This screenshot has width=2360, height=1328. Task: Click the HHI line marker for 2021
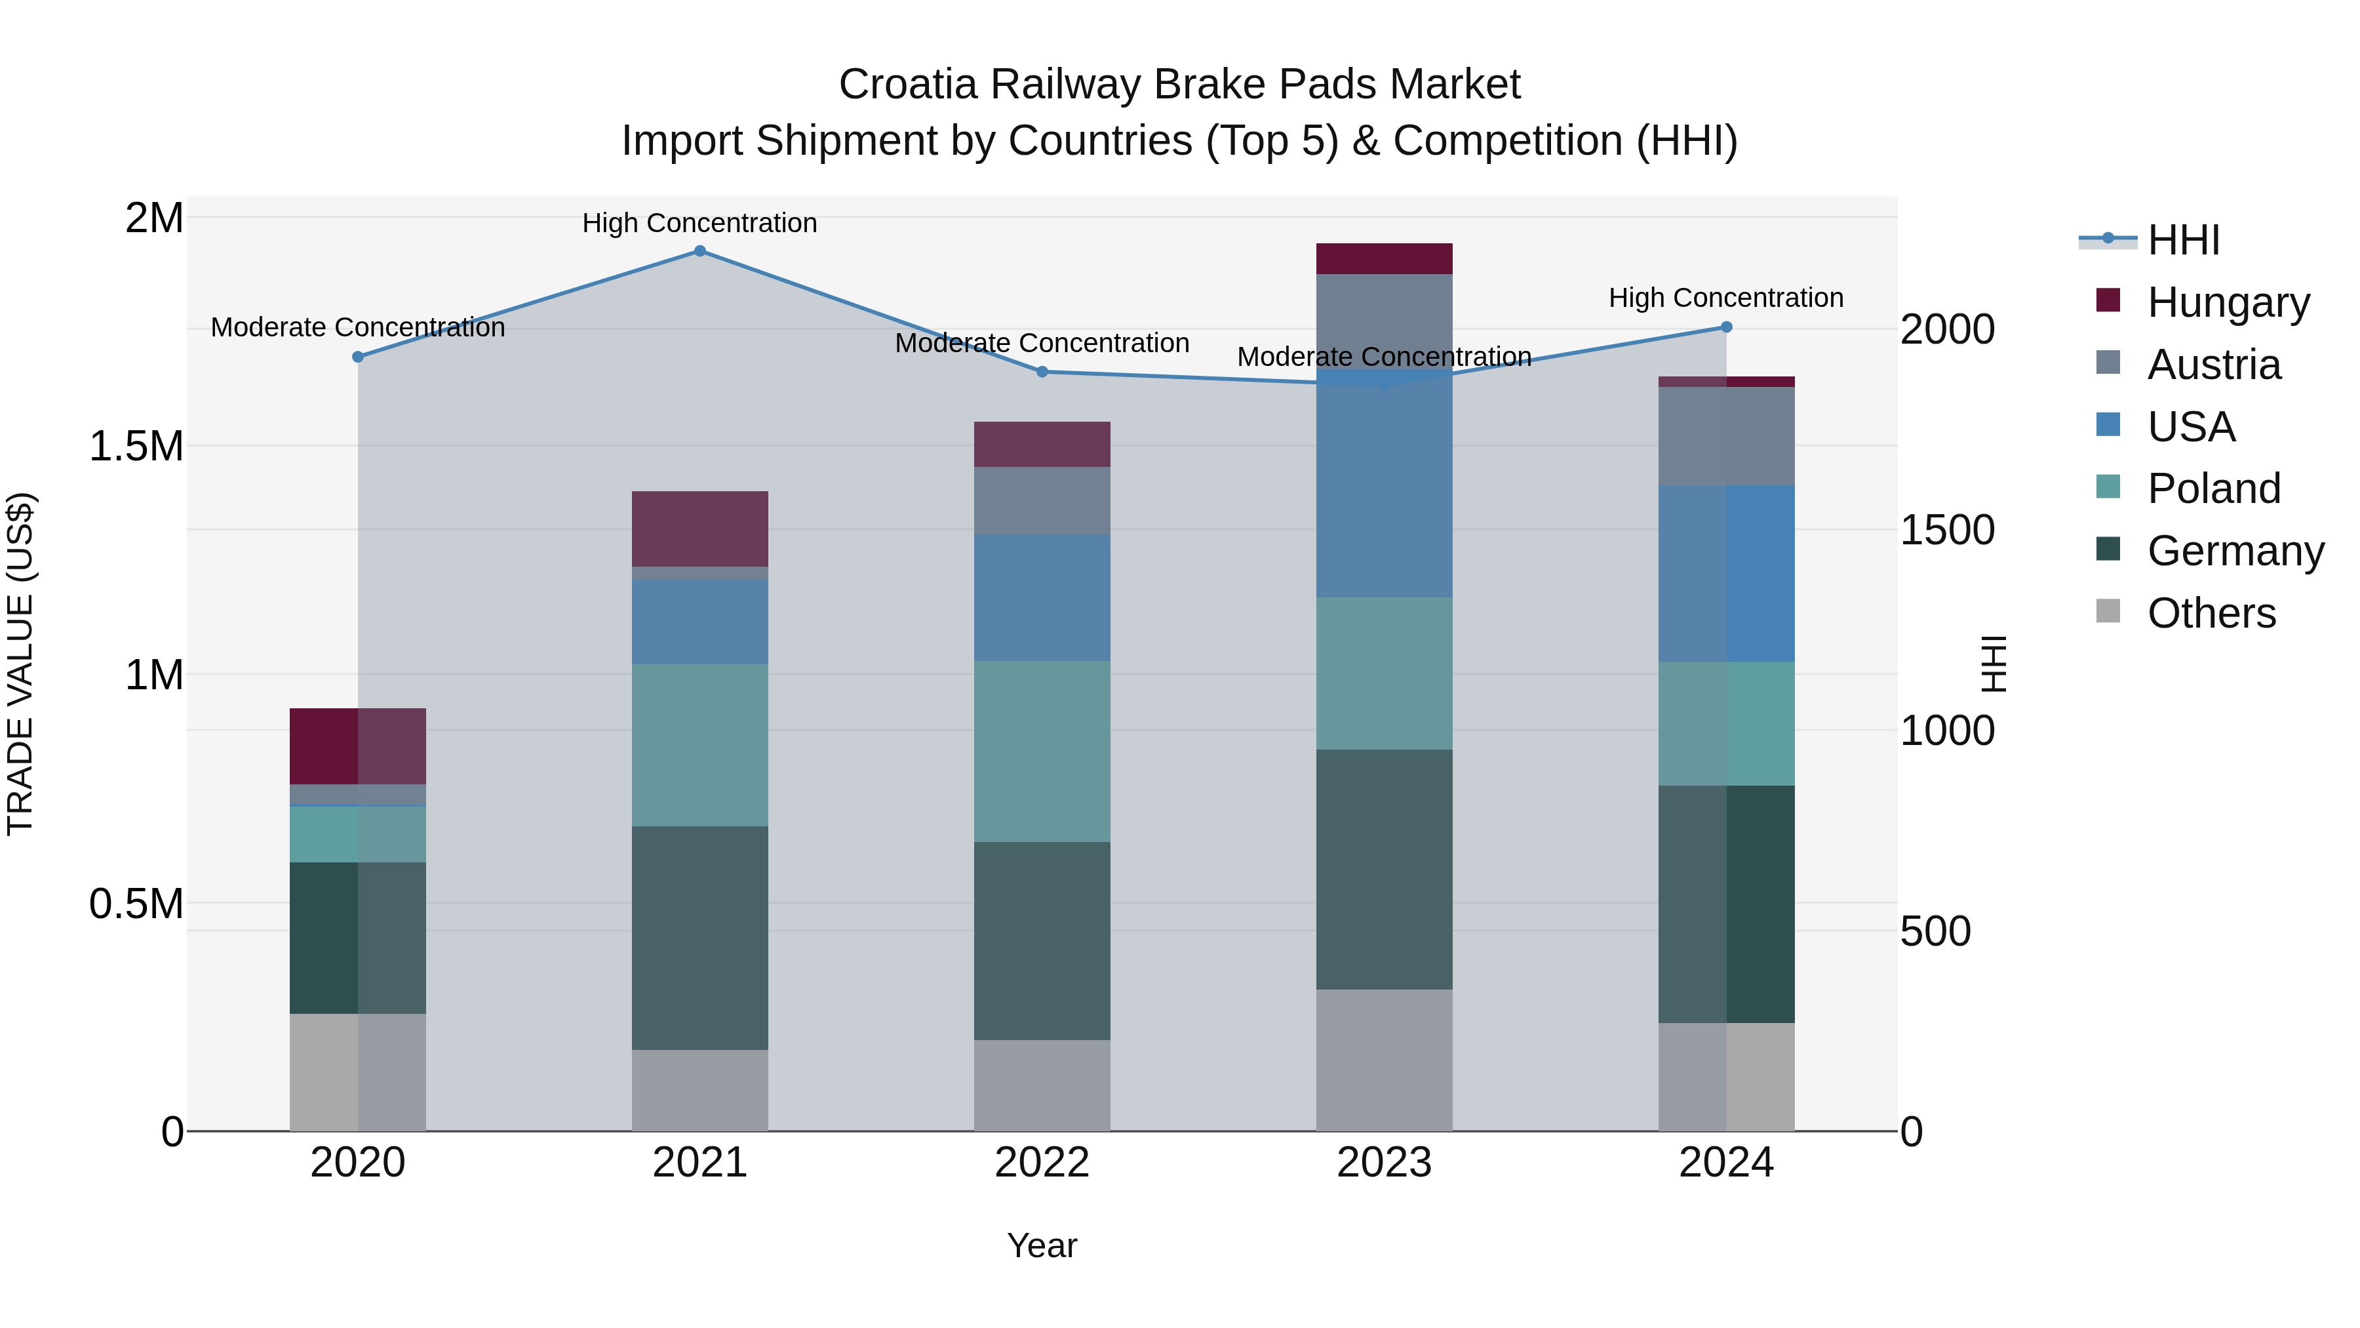[700, 251]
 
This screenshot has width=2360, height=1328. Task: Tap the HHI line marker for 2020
[358, 357]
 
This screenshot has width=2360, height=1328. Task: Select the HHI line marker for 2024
[1726, 327]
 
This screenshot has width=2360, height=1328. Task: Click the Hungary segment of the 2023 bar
[1385, 258]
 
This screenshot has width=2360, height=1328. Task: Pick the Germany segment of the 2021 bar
[700, 938]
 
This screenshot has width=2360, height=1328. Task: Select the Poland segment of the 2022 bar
[1042, 752]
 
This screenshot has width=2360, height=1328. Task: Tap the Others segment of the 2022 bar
[1042, 1085]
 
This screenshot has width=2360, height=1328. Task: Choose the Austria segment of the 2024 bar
[1726, 436]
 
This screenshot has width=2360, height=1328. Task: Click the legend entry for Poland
[2212, 489]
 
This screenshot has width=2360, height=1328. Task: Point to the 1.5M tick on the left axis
[136, 447]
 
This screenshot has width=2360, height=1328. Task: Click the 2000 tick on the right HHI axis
[1947, 329]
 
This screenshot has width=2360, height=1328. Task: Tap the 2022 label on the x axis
[1042, 1163]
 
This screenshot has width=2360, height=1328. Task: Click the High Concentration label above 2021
[700, 223]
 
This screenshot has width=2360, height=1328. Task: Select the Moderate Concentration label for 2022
[1042, 343]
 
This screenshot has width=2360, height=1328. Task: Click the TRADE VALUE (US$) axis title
[20, 664]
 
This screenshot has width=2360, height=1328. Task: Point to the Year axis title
[1042, 1245]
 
